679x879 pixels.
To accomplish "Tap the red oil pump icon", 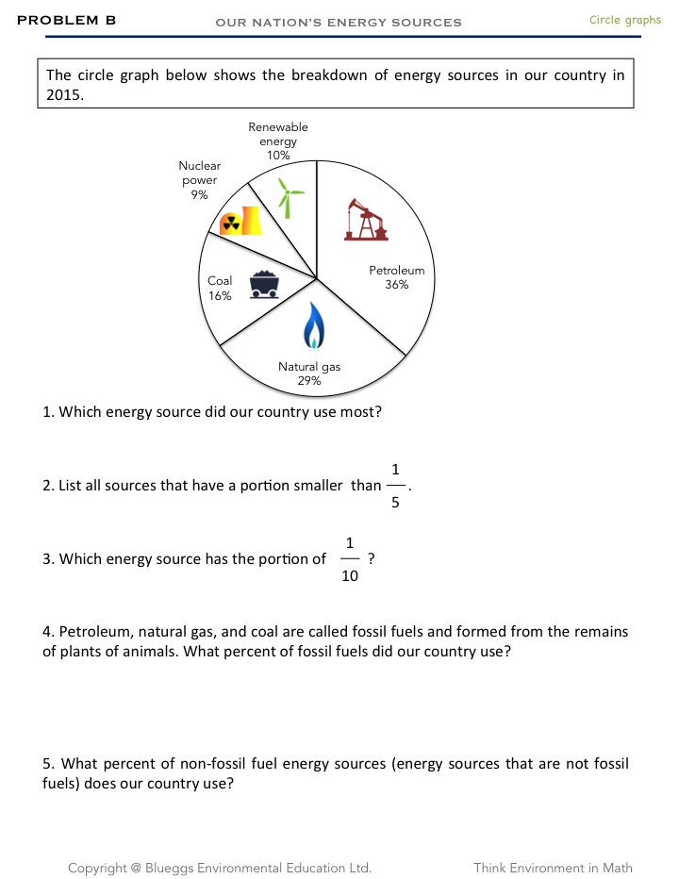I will click(366, 219).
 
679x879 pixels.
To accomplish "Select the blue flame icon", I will click(314, 325).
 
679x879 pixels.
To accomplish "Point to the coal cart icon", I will click(264, 284).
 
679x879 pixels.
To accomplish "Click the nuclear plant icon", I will click(240, 222).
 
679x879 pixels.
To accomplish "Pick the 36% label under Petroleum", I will click(396, 284).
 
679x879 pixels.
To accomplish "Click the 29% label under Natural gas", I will click(309, 381).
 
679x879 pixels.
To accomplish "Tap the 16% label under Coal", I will click(220, 295).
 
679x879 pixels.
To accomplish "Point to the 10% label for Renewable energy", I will click(278, 155).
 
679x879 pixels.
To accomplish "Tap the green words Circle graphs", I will click(625, 20).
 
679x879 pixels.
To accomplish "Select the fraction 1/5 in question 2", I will click(396, 486).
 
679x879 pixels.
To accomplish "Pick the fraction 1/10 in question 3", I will click(350, 559).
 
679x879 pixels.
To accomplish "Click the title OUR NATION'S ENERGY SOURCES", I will click(339, 22).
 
